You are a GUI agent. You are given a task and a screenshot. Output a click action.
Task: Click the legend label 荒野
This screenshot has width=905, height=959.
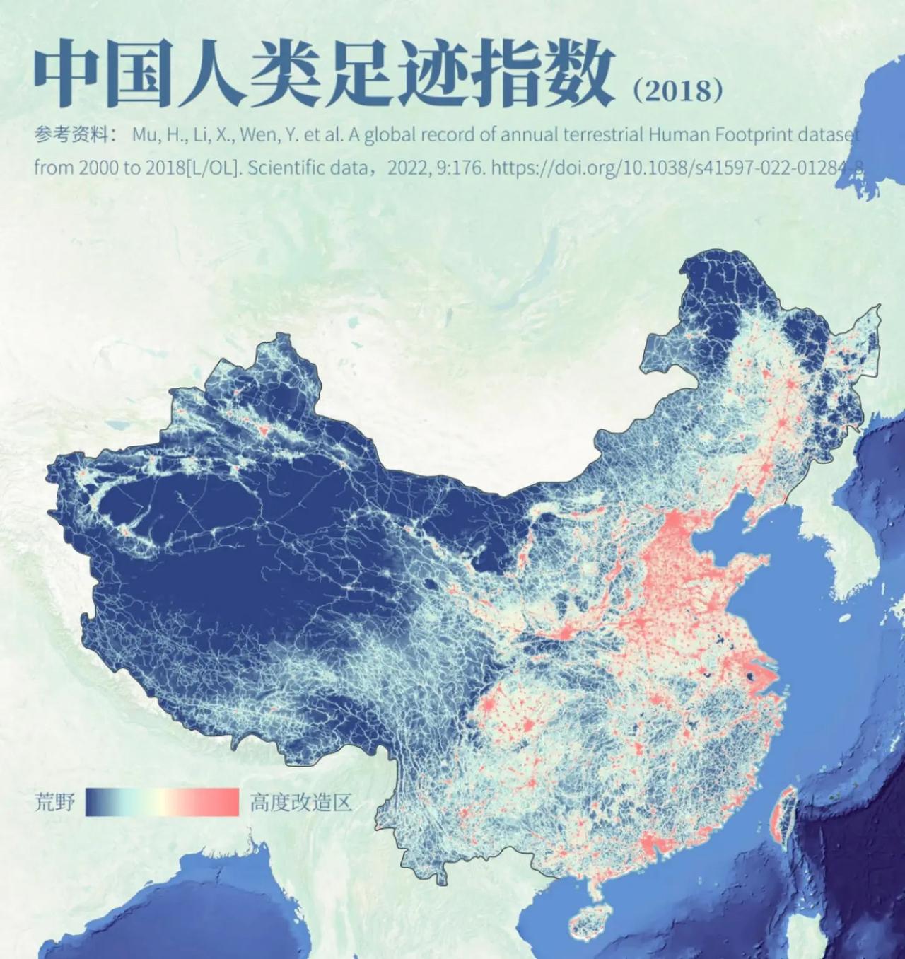54,803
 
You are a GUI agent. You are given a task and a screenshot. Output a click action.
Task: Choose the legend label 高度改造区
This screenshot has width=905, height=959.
300,803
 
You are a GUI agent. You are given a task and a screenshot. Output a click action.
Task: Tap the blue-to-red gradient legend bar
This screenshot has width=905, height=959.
163,803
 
